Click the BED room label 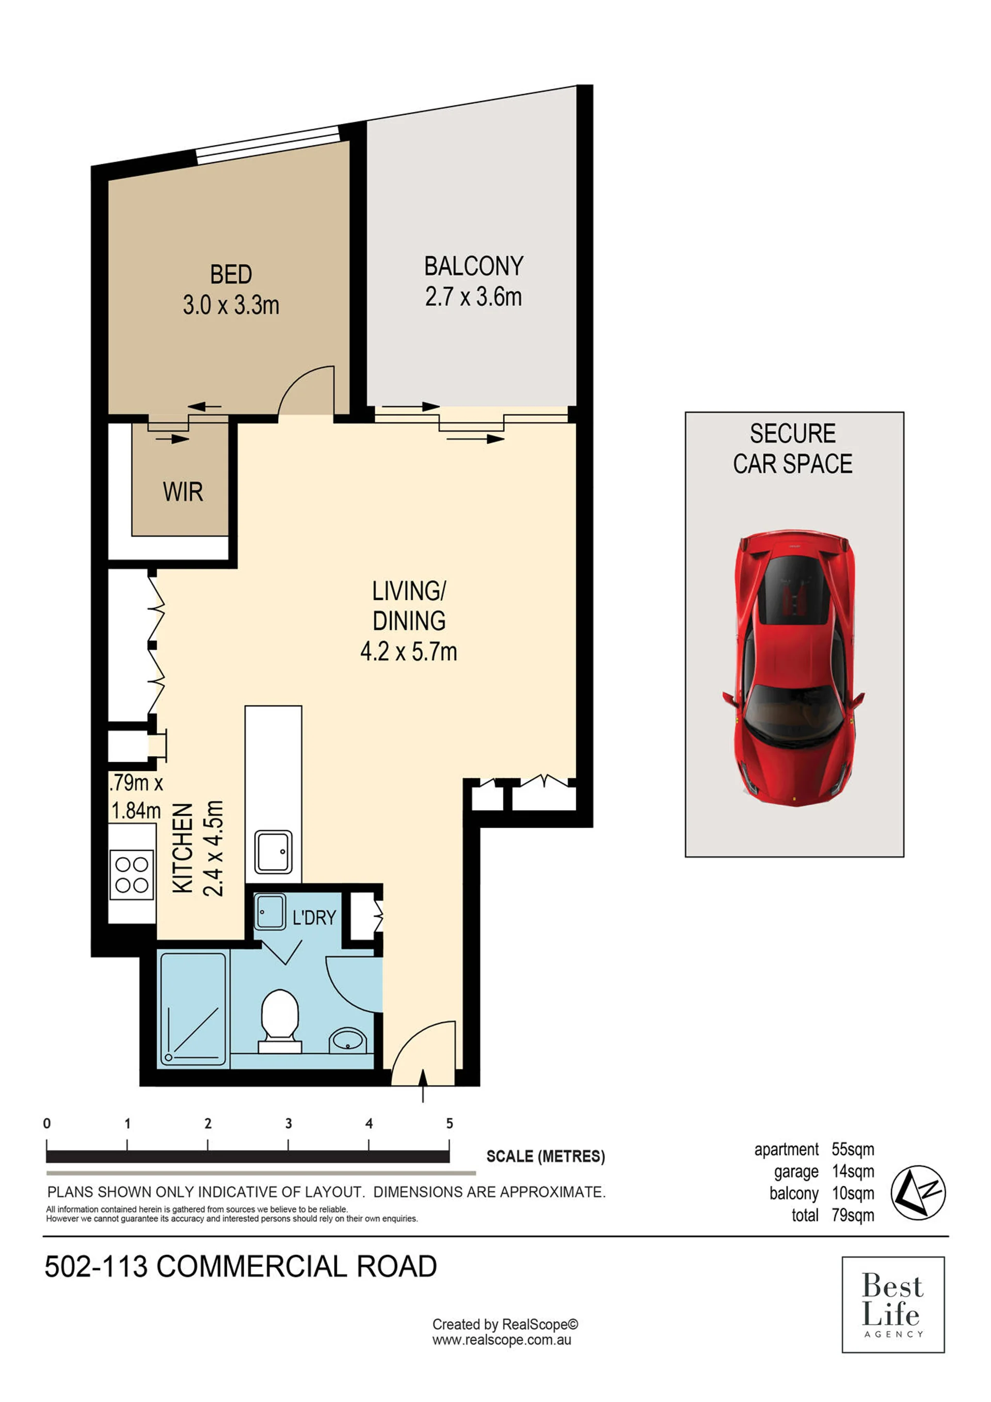pos(231,274)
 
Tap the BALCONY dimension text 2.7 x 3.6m pos(473,297)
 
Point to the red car pos(793,668)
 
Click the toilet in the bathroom pos(279,1021)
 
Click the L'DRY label pos(314,917)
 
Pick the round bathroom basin pos(348,1040)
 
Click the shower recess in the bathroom pos(194,1009)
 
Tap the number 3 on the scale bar pos(289,1124)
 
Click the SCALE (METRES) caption pos(546,1157)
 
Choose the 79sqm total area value pos(853,1215)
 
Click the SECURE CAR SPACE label pos(793,449)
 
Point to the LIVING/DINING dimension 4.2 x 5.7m pos(409,652)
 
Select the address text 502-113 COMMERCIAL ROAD pos(241,1266)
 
